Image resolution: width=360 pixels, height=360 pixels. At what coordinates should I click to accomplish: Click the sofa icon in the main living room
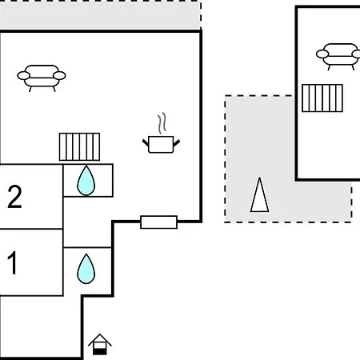click(42, 78)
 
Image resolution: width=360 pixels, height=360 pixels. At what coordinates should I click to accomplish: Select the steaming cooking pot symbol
click(161, 134)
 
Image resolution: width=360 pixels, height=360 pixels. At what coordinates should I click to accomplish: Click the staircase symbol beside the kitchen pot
click(79, 146)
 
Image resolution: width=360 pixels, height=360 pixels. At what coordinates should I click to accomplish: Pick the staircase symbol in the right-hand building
click(322, 98)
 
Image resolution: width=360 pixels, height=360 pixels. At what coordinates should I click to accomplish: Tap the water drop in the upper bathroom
click(86, 181)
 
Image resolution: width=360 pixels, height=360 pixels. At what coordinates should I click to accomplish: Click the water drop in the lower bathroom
click(86, 269)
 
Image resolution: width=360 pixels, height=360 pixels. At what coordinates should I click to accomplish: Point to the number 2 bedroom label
click(14, 197)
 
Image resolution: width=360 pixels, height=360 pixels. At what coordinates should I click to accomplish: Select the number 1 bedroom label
click(13, 263)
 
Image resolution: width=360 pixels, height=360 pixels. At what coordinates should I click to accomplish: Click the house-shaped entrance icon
click(100, 344)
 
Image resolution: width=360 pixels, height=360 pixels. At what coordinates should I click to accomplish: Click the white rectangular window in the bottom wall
click(158, 222)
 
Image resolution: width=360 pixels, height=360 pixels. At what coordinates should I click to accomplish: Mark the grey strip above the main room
click(100, 16)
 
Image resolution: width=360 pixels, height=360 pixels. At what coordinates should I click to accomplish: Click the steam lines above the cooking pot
click(162, 123)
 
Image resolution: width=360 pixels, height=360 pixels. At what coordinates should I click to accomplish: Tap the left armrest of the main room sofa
click(24, 76)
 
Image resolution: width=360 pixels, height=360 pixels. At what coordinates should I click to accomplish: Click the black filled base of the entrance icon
click(100, 352)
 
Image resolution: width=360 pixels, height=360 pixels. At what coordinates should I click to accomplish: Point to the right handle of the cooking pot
click(177, 143)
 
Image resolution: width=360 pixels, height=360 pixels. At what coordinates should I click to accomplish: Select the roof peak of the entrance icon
click(100, 334)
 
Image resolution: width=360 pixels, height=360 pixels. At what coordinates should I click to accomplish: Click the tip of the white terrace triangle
click(259, 178)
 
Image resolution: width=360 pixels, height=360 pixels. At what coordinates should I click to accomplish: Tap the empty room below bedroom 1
click(40, 326)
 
